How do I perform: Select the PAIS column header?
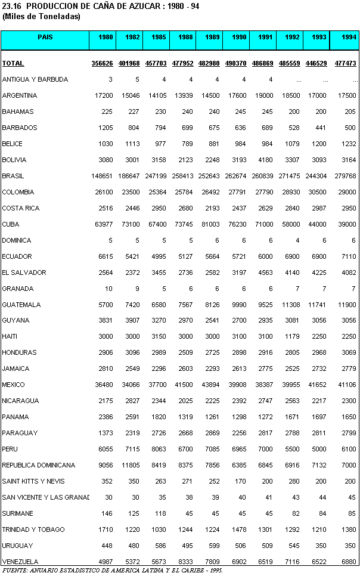(45, 37)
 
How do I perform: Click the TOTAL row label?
(13, 63)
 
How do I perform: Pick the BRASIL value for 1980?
(101, 176)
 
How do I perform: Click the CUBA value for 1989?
(209, 224)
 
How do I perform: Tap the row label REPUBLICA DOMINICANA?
(39, 465)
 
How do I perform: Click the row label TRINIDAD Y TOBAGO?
(33, 529)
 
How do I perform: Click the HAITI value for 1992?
(291, 336)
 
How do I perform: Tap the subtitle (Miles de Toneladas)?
(41, 16)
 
